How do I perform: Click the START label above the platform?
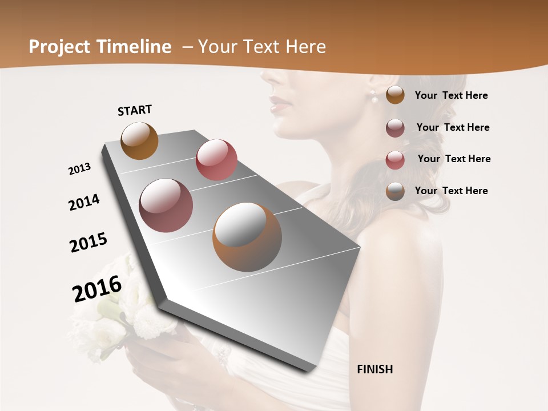(135, 110)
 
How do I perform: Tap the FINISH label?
(374, 369)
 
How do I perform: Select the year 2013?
(79, 169)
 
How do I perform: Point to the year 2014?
(84, 202)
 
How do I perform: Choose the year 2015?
(88, 243)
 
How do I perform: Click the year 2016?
(97, 288)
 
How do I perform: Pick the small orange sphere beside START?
(139, 140)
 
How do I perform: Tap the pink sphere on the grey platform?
(216, 159)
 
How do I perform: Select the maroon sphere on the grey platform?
(166, 205)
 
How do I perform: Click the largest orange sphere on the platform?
(247, 236)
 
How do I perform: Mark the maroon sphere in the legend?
(395, 128)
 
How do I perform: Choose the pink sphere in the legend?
(395, 160)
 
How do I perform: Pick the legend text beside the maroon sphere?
(453, 127)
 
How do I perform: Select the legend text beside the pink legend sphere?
(454, 159)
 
